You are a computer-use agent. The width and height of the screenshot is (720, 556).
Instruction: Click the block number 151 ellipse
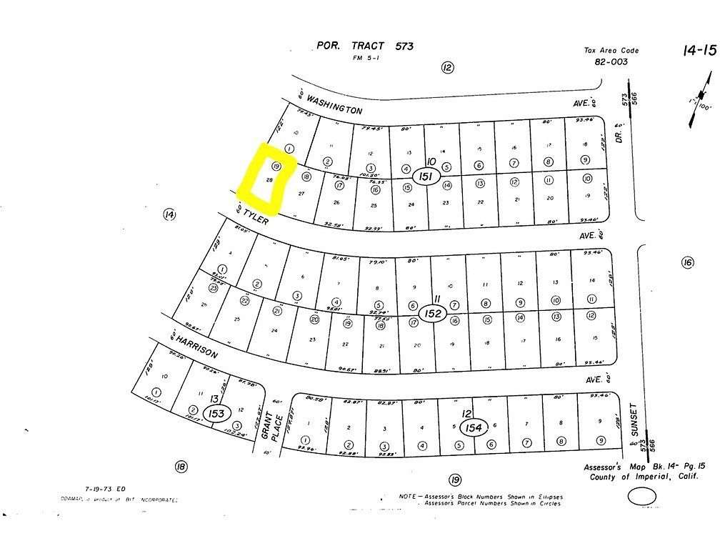pos(426,177)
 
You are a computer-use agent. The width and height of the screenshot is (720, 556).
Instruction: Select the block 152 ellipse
pos(434,313)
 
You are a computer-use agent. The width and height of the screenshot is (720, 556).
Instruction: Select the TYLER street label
pos(255,216)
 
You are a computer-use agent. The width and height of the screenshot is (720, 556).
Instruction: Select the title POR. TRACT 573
pos(365,46)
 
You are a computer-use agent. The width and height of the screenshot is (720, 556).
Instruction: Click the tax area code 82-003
pos(611,61)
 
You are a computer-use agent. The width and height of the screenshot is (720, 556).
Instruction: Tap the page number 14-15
pos(698,49)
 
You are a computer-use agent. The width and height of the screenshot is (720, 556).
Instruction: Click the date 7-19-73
pos(80,490)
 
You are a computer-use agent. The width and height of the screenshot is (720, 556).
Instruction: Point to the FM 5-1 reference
pos(365,59)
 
